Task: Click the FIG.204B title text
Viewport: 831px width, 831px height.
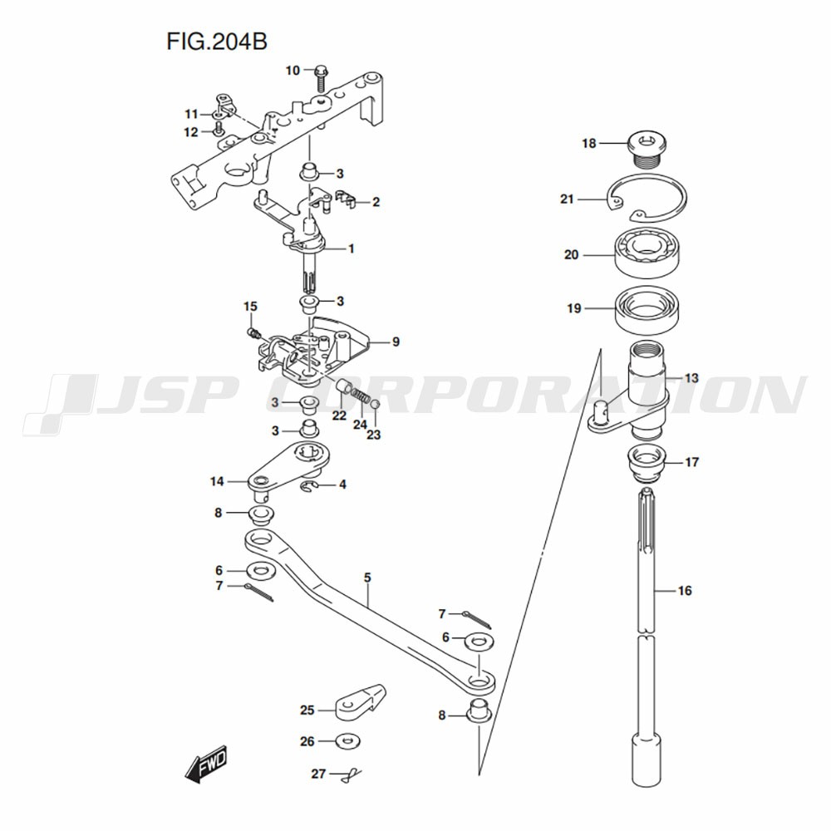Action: [x=217, y=42]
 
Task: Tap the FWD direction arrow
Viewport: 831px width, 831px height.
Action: [x=207, y=764]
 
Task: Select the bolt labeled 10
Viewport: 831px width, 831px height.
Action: [x=321, y=77]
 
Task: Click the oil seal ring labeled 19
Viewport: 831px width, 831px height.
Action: [x=647, y=309]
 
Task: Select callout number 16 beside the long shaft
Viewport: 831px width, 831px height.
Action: [x=685, y=590]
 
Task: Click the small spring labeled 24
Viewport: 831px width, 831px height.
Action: [x=361, y=395]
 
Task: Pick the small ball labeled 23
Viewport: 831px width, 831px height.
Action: [x=374, y=405]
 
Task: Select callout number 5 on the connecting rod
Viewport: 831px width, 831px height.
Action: [x=368, y=578]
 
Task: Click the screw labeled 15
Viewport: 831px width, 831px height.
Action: [x=253, y=333]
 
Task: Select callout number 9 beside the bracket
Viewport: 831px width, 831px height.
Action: [x=396, y=342]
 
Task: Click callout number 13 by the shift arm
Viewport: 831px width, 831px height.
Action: [x=691, y=378]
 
